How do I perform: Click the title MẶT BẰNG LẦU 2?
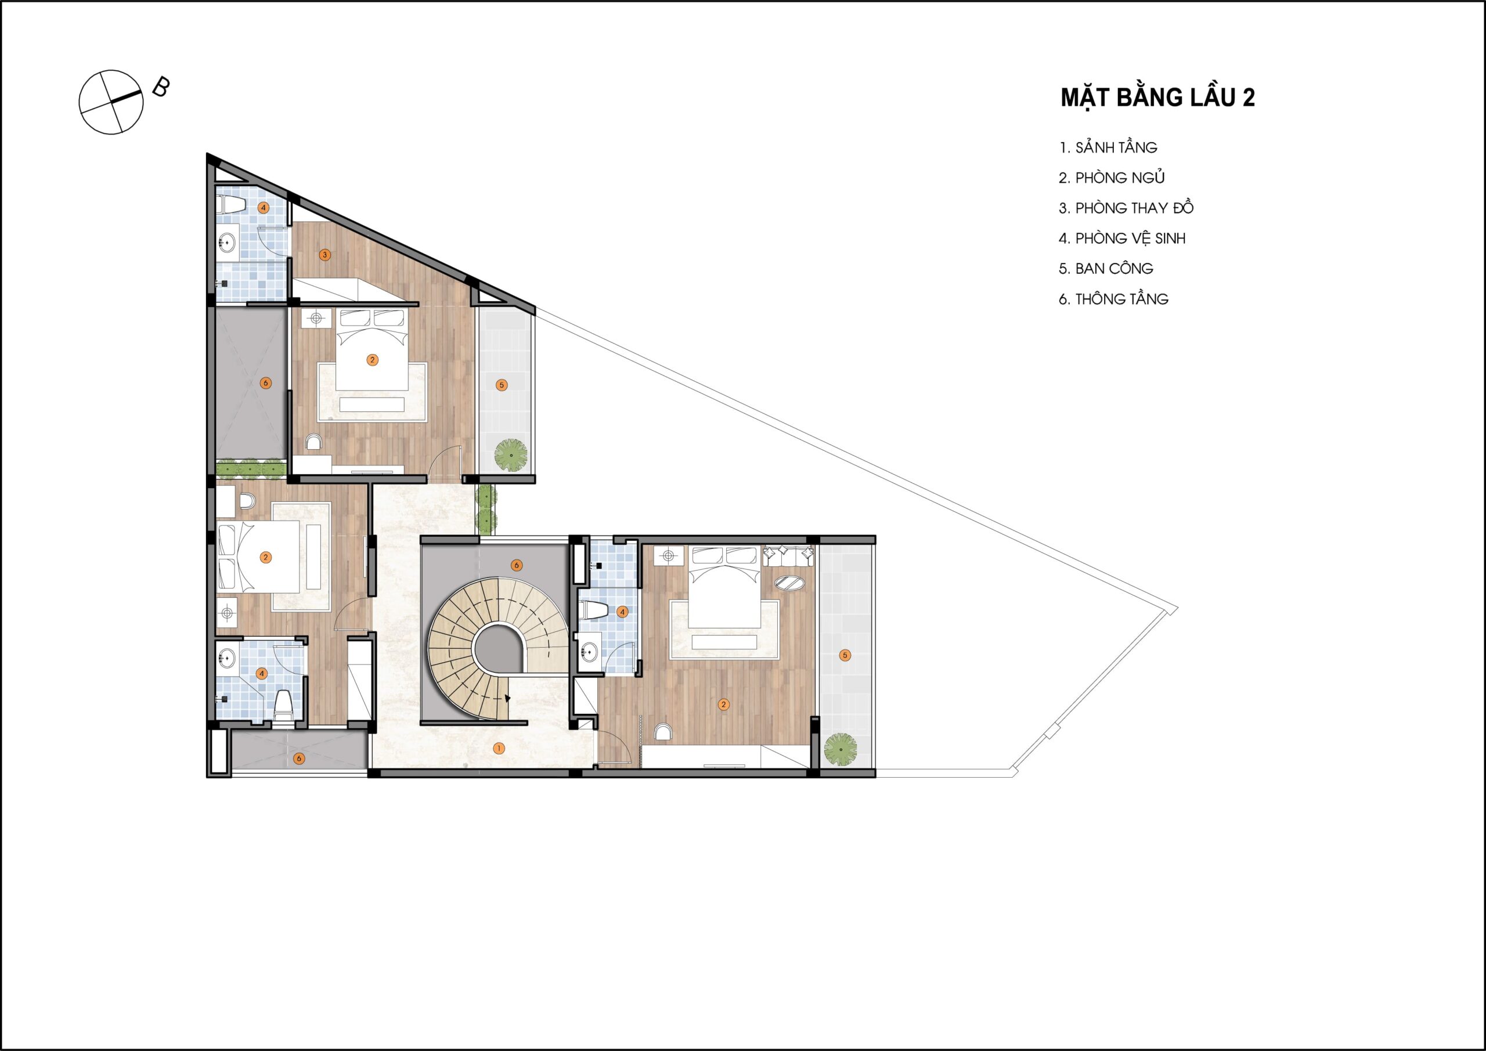coord(1158,97)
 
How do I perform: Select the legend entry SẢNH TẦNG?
coord(1116,147)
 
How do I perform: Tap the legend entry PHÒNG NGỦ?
coord(1120,178)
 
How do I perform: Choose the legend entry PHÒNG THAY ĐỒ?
coord(1134,208)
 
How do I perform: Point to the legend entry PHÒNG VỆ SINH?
coord(1130,238)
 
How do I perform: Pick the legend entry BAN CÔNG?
coord(1114,269)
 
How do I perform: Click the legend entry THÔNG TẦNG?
coord(1121,299)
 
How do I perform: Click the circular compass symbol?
coord(111,102)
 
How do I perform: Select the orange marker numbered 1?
coord(499,749)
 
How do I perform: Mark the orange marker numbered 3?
coord(325,255)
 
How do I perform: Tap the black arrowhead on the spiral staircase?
coord(508,698)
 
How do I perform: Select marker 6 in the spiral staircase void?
coord(516,566)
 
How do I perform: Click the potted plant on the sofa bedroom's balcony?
coord(840,749)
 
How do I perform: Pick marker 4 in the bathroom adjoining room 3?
coord(264,208)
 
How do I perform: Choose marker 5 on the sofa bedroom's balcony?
coord(845,656)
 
